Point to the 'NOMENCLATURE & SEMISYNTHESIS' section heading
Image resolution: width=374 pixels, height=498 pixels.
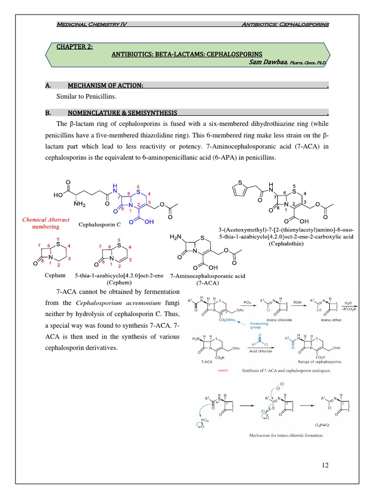tap(122, 112)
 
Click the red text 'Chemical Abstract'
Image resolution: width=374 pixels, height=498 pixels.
tap(46, 220)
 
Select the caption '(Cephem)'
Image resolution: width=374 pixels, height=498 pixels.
tap(119, 282)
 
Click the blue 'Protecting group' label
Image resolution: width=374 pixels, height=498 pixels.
tap(260, 325)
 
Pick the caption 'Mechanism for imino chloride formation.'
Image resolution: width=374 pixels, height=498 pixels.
tap(286, 435)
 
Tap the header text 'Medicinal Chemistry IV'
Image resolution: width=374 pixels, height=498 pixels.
tap(92, 24)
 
